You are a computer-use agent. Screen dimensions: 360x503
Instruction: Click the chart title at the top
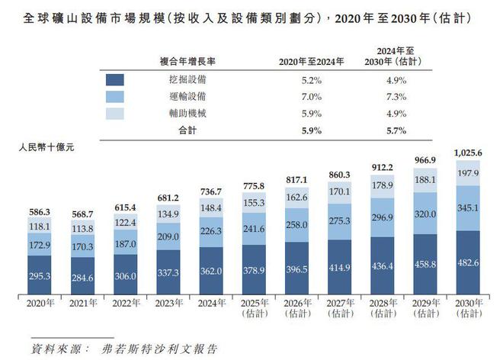251,16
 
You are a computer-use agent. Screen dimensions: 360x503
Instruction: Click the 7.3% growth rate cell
393,96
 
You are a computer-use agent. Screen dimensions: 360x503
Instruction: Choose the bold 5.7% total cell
393,130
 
